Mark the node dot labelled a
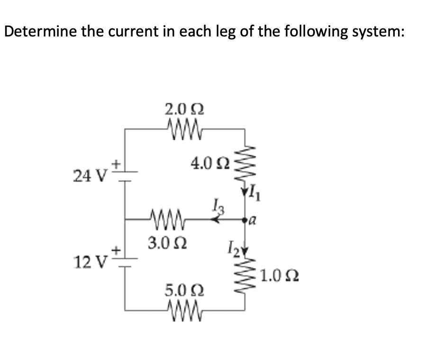245,220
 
